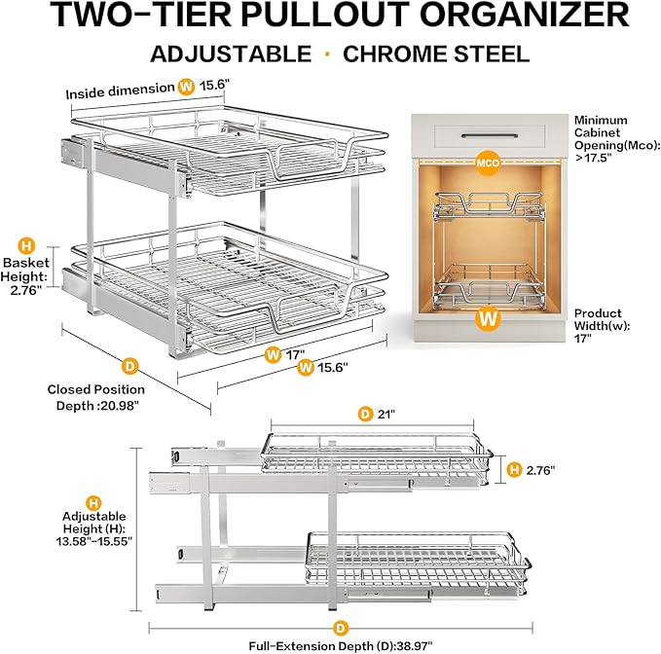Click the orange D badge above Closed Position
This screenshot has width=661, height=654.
click(x=128, y=366)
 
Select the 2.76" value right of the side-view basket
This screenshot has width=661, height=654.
click(x=538, y=470)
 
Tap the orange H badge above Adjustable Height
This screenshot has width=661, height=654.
click(x=93, y=503)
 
